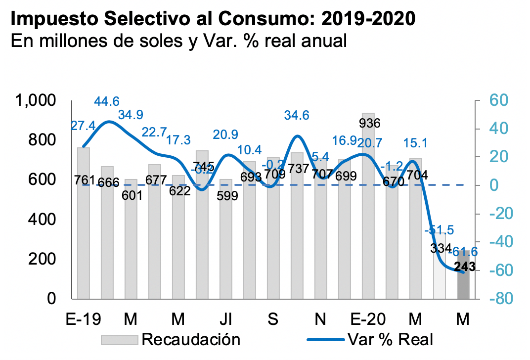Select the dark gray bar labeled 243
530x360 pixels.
pos(463,282)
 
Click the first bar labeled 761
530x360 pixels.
pos(83,237)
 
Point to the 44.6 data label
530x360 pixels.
pos(107,101)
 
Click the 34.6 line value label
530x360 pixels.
pos(297,116)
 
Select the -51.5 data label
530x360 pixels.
pos(439,231)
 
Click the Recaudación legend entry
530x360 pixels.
pos(191,340)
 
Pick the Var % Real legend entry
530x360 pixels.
pos(391,340)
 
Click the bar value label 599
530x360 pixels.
pos(227,195)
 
